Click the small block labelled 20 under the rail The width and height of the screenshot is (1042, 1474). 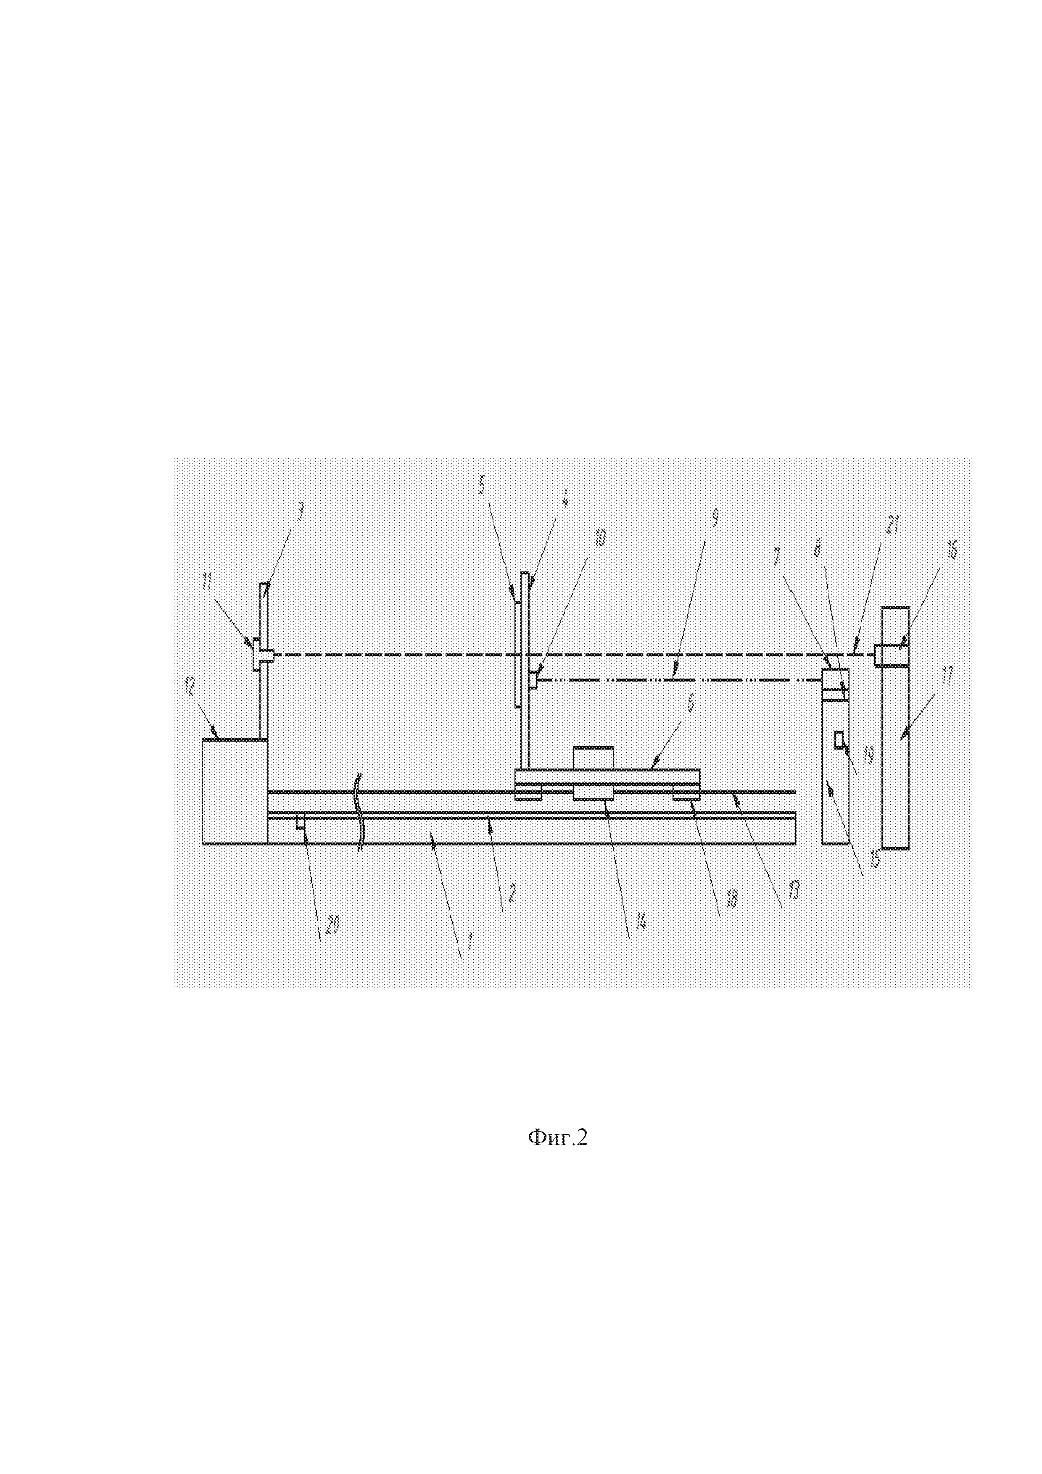tap(300, 824)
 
